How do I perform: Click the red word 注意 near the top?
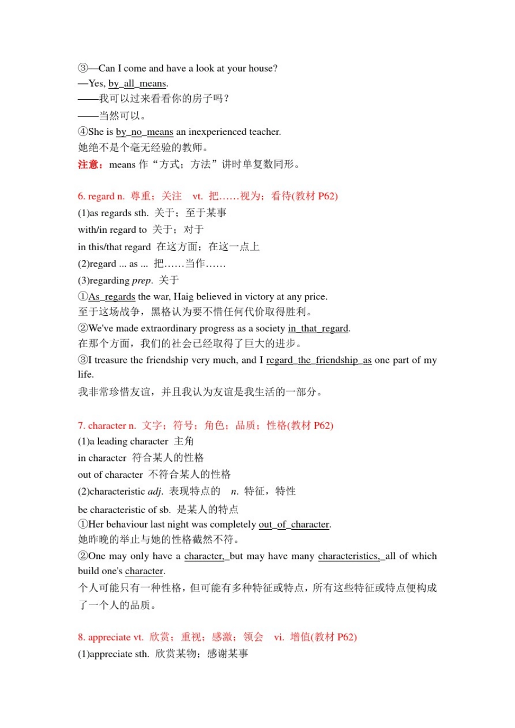[89, 164]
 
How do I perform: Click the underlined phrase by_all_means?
[137, 83]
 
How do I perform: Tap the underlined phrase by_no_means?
[144, 132]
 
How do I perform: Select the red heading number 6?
[81, 196]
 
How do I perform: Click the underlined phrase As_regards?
[112, 296]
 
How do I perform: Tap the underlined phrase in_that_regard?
[318, 328]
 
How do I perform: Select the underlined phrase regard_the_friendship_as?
[319, 360]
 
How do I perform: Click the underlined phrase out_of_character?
[294, 524]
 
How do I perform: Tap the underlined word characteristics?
[349, 556]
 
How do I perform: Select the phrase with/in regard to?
[112, 230]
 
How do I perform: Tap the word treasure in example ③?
[111, 360]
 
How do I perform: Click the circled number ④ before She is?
[82, 132]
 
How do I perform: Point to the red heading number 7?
[81, 426]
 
